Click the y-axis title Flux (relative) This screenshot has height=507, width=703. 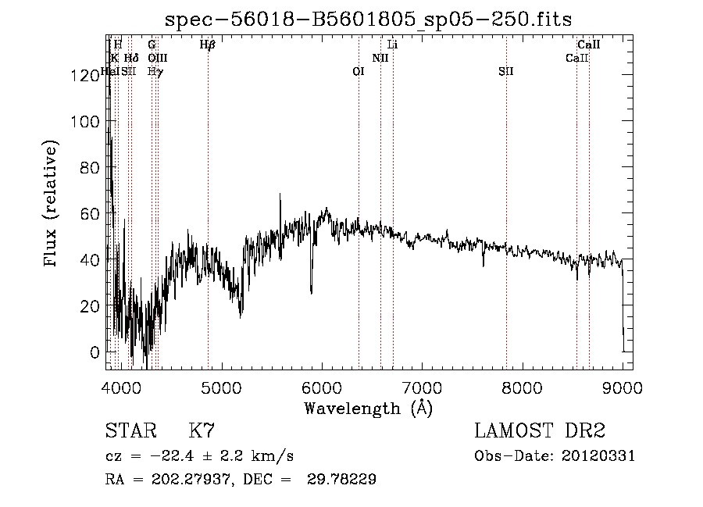pyautogui.click(x=52, y=205)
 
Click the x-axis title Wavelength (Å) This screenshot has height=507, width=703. pyautogui.click(x=368, y=408)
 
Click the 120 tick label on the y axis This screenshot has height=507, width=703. pyautogui.click(x=84, y=76)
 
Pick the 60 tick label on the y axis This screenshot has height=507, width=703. pyautogui.click(x=90, y=214)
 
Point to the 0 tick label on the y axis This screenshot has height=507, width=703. pyautogui.click(x=95, y=352)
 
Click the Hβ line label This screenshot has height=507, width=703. pyautogui.click(x=207, y=45)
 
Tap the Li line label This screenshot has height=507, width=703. pyautogui.click(x=393, y=45)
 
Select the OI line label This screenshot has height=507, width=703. pyautogui.click(x=359, y=72)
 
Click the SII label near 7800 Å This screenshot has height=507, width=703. pyautogui.click(x=506, y=72)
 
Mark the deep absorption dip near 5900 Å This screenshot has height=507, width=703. pyautogui.click(x=311, y=291)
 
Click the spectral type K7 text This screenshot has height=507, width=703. pyautogui.click(x=202, y=430)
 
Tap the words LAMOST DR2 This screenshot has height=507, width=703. pyautogui.click(x=540, y=430)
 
